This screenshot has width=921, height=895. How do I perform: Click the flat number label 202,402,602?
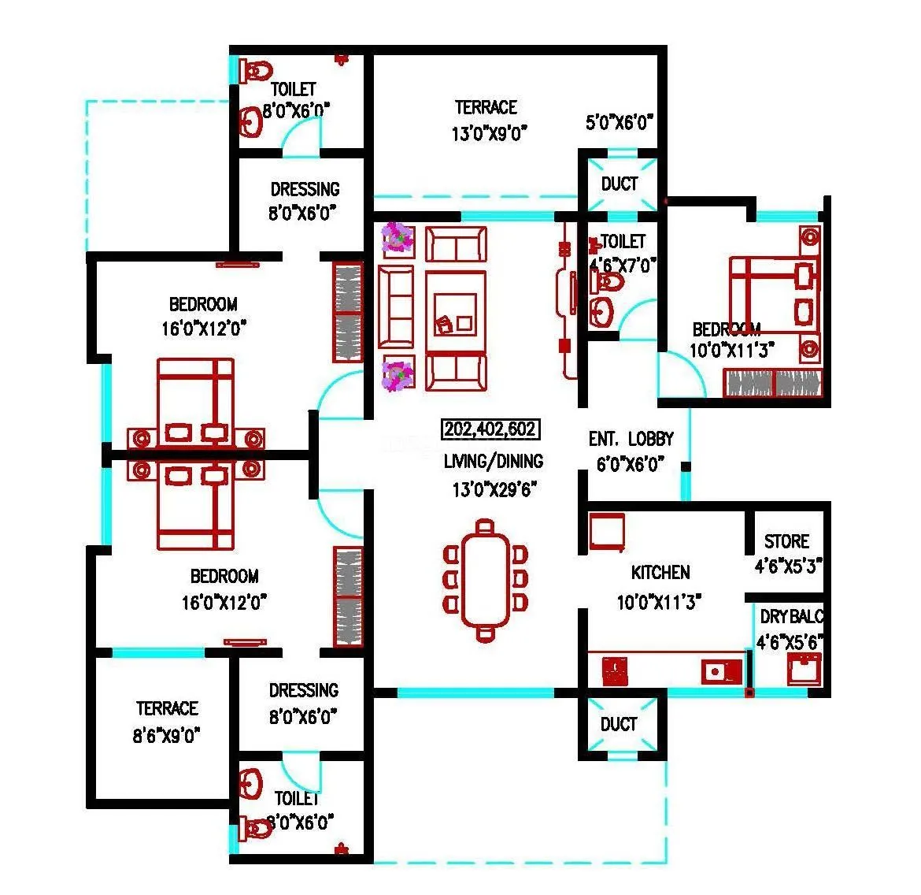[x=490, y=429]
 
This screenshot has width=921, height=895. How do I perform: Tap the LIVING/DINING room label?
[x=493, y=462]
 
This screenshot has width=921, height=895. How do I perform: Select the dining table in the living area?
[x=486, y=579]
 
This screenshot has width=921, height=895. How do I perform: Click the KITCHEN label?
[x=660, y=573]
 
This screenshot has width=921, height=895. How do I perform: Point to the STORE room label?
[x=786, y=541]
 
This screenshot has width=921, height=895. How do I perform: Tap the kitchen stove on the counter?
[x=615, y=671]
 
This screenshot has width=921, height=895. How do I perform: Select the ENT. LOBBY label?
[x=631, y=439]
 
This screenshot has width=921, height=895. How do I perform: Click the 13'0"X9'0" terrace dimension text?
[x=489, y=132]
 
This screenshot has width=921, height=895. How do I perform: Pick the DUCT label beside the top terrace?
[x=620, y=184]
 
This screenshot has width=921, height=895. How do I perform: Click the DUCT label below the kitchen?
[x=619, y=723]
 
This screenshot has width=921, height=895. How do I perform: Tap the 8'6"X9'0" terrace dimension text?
[x=166, y=735]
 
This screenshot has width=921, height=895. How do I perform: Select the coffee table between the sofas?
[x=455, y=313]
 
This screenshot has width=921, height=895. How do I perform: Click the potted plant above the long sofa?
[x=398, y=238]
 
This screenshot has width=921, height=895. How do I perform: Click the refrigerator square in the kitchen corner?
[x=606, y=532]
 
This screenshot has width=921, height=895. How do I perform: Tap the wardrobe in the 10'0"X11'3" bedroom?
[x=771, y=383]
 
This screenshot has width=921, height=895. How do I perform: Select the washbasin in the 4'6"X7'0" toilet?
[x=603, y=310]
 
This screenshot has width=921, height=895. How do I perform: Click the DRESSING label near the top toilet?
[x=305, y=189]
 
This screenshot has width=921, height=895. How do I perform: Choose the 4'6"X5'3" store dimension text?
[x=787, y=566]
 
